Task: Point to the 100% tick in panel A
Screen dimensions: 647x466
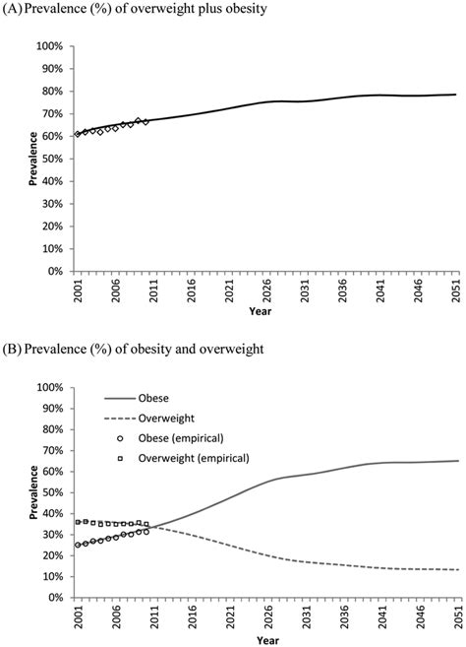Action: click(x=50, y=46)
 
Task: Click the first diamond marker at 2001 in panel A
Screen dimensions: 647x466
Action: click(x=78, y=134)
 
